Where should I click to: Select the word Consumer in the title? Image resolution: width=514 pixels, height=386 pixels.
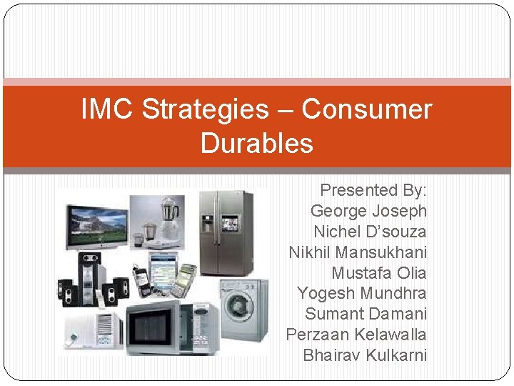pos(367,109)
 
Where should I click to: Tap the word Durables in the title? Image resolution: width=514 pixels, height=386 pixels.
pos(256,143)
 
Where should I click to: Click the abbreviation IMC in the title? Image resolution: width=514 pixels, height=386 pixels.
pos(108,109)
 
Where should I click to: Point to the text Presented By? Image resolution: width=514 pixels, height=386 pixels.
pos(373,190)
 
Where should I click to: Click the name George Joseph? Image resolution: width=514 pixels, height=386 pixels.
pos(368,211)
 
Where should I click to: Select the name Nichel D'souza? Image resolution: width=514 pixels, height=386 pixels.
pos(370,232)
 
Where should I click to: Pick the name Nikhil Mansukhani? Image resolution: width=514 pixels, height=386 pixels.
pos(358,252)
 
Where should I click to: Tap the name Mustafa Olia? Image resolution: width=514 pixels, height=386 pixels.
pos(378,273)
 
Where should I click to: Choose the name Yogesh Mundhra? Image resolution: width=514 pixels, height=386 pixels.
pos(361,293)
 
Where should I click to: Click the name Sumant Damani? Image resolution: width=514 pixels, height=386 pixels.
pos(366,314)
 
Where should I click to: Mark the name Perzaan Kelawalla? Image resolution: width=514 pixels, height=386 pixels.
pos(356,335)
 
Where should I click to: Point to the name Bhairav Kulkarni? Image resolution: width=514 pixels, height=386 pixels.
pos(364,355)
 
